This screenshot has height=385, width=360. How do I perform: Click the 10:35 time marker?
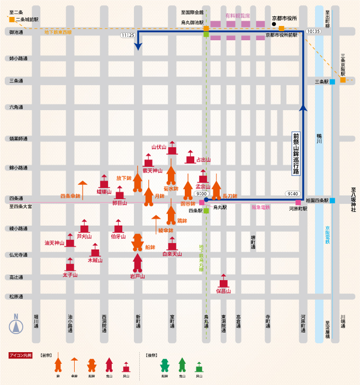coord(313,31)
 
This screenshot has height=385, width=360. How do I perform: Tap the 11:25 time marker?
coord(128,35)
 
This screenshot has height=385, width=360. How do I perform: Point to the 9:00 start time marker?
coord(201,194)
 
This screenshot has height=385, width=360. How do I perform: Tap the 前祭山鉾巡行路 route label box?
coord(296,153)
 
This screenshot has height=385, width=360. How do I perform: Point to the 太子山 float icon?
coord(70,264)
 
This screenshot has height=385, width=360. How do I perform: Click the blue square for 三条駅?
coord(332,82)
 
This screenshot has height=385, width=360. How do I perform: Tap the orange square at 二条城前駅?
coord(12,20)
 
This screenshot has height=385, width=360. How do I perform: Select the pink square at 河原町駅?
coord(298,202)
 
